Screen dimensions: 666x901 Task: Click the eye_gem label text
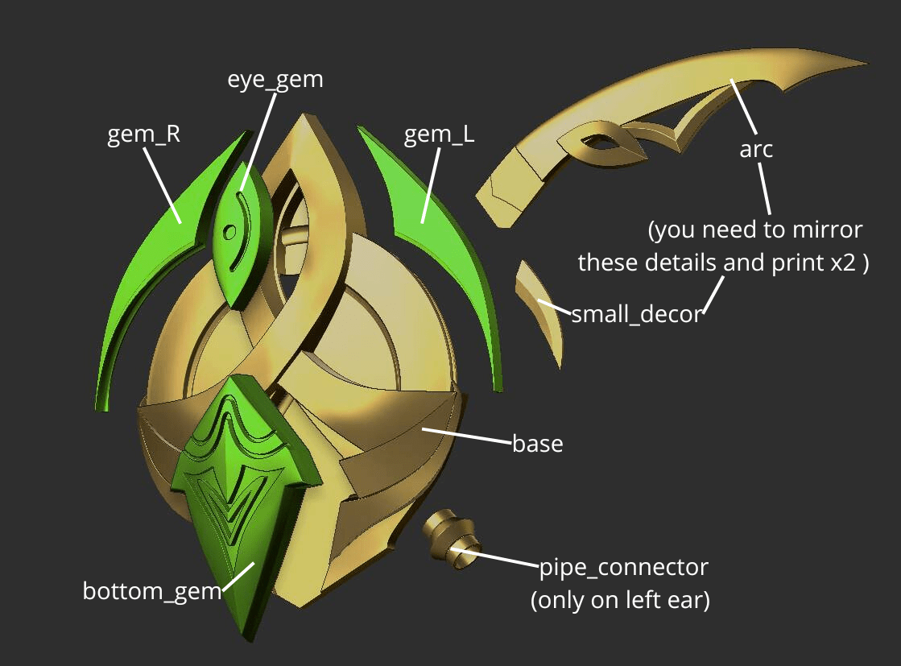[x=275, y=80]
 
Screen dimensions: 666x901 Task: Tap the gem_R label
[x=143, y=134]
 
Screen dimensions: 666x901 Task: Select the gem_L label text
[x=439, y=134]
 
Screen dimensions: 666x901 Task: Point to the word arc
[x=755, y=149]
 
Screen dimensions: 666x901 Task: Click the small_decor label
[x=636, y=314]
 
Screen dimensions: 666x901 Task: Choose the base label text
[x=537, y=444]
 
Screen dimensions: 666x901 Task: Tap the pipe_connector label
[x=623, y=567]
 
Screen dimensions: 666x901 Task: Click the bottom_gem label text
[x=151, y=591]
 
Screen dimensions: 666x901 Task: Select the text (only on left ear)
[x=620, y=601]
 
